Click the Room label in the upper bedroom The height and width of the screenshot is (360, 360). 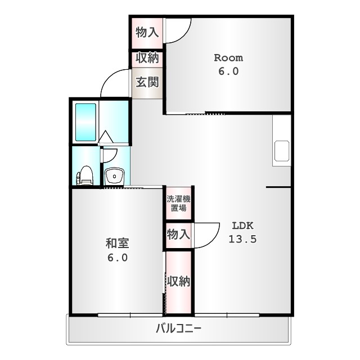click(x=228, y=58)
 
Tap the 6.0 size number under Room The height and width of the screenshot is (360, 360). click(x=228, y=71)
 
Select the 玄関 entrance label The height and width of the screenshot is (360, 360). click(x=147, y=83)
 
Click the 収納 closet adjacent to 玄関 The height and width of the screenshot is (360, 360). click(x=147, y=58)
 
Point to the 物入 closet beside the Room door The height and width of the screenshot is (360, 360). click(x=147, y=32)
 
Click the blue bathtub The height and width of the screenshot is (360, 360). click(x=85, y=122)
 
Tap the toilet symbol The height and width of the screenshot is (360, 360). click(x=85, y=175)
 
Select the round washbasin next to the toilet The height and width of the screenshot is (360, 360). click(x=115, y=177)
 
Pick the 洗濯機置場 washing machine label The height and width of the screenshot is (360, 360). click(x=178, y=202)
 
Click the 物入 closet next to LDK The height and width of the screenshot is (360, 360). click(x=178, y=235)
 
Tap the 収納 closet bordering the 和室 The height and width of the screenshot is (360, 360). click(x=178, y=281)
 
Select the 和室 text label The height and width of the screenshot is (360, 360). click(x=118, y=244)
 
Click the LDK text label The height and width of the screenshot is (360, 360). click(x=242, y=226)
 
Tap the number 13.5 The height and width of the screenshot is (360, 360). click(x=242, y=239)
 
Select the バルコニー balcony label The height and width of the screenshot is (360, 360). click(x=179, y=329)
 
